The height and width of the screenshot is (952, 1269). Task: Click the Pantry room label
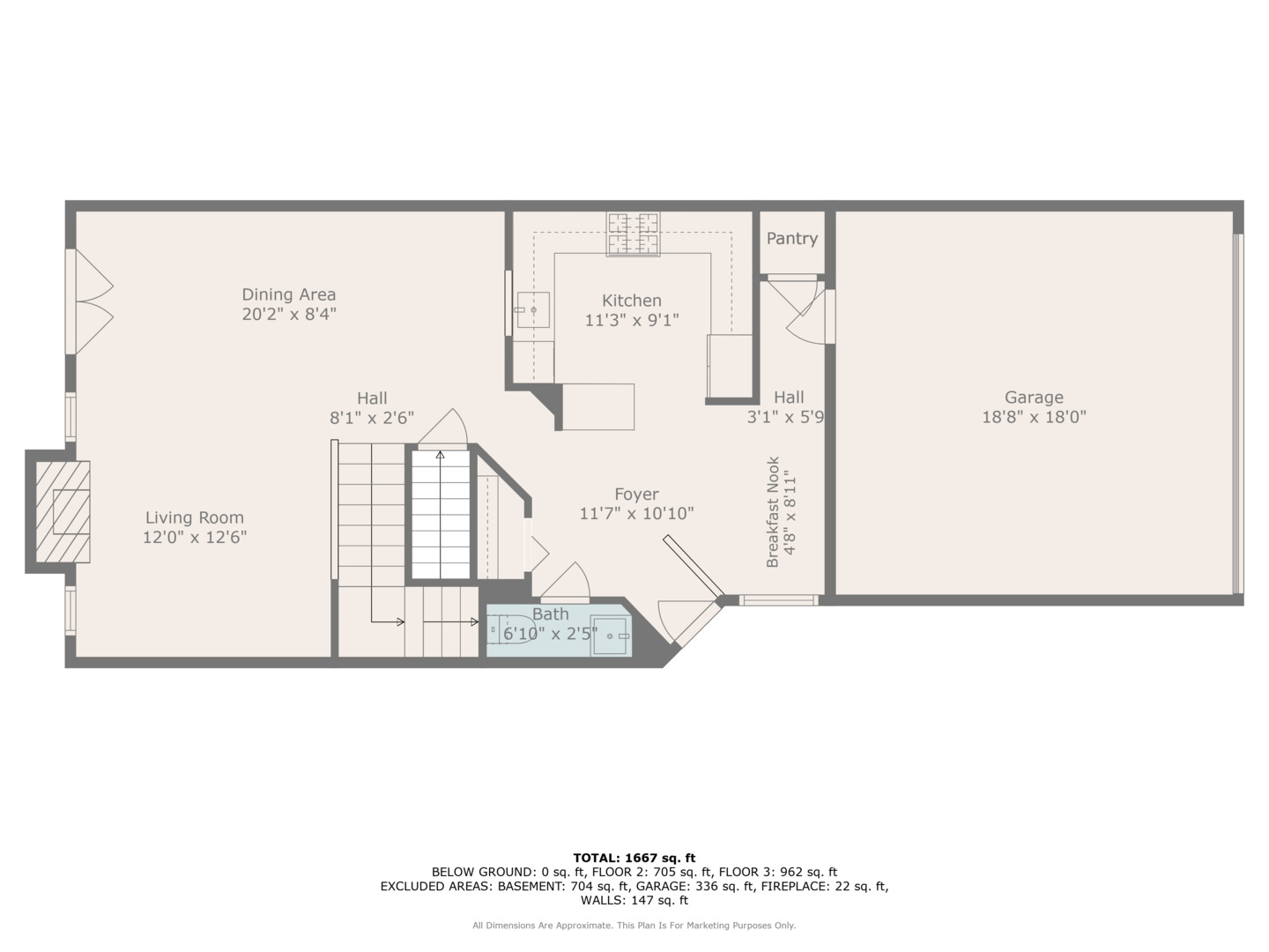[x=791, y=239]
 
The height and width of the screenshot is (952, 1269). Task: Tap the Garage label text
[x=1034, y=398]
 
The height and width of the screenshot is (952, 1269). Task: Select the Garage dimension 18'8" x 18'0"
[x=1034, y=417]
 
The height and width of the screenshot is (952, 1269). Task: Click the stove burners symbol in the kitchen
[x=633, y=234]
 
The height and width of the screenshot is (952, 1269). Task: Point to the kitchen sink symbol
[x=532, y=310]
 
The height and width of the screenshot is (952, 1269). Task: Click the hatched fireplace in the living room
[x=63, y=511]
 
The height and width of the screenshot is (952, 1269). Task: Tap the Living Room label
[x=195, y=518]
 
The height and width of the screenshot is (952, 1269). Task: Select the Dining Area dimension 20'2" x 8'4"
[x=289, y=314]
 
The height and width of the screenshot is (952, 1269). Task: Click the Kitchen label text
[x=632, y=301]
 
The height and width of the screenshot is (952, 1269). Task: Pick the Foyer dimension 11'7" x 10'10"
[x=636, y=514]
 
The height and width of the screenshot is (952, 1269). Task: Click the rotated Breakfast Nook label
[x=773, y=511]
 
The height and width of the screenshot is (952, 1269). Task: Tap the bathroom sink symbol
[x=610, y=636]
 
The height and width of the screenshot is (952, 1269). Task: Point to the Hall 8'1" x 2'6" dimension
[x=372, y=418]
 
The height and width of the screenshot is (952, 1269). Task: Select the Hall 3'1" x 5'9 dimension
[x=785, y=417]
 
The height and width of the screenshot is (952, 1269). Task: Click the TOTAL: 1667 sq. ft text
[x=634, y=858]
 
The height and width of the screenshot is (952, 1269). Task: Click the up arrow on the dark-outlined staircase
[x=440, y=456]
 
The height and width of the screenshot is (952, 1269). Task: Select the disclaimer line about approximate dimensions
[x=634, y=926]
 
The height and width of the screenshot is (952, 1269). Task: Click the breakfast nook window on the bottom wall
[x=778, y=601]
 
